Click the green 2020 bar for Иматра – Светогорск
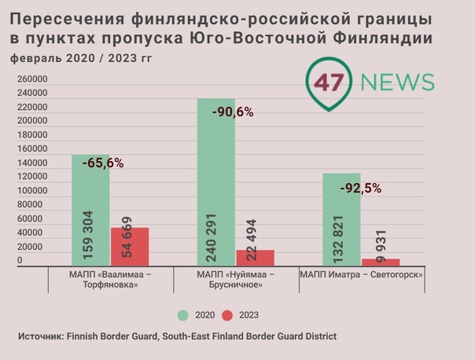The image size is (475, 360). pyautogui.click(x=341, y=220)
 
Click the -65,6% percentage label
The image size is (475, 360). pyautogui.click(x=102, y=163)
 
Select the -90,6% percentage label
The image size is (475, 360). pyautogui.click(x=233, y=112)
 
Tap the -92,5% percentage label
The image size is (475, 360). pyautogui.click(x=360, y=188)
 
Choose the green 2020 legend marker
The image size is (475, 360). pyautogui.click(x=182, y=315)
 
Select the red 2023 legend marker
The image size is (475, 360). pyautogui.click(x=228, y=315)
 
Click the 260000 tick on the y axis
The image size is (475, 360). pyautogui.click(x=33, y=79)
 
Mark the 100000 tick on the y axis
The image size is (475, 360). pyautogui.click(x=33, y=191)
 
